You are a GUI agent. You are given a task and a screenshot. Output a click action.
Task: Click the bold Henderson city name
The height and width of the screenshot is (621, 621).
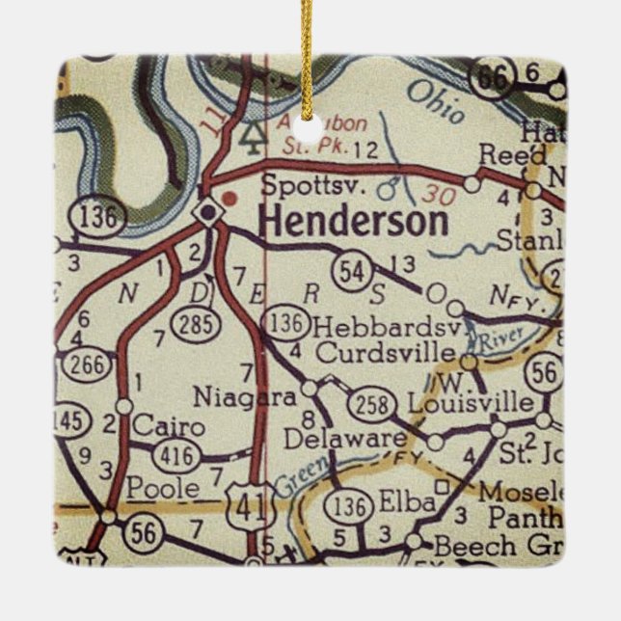pos(354,222)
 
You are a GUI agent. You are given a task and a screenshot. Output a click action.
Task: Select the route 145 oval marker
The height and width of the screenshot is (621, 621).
pos(69,421)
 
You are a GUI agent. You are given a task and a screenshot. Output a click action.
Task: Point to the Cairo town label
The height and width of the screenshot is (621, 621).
pos(170,425)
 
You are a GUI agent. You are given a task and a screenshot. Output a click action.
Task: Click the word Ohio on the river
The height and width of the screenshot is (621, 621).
pos(436,101)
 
